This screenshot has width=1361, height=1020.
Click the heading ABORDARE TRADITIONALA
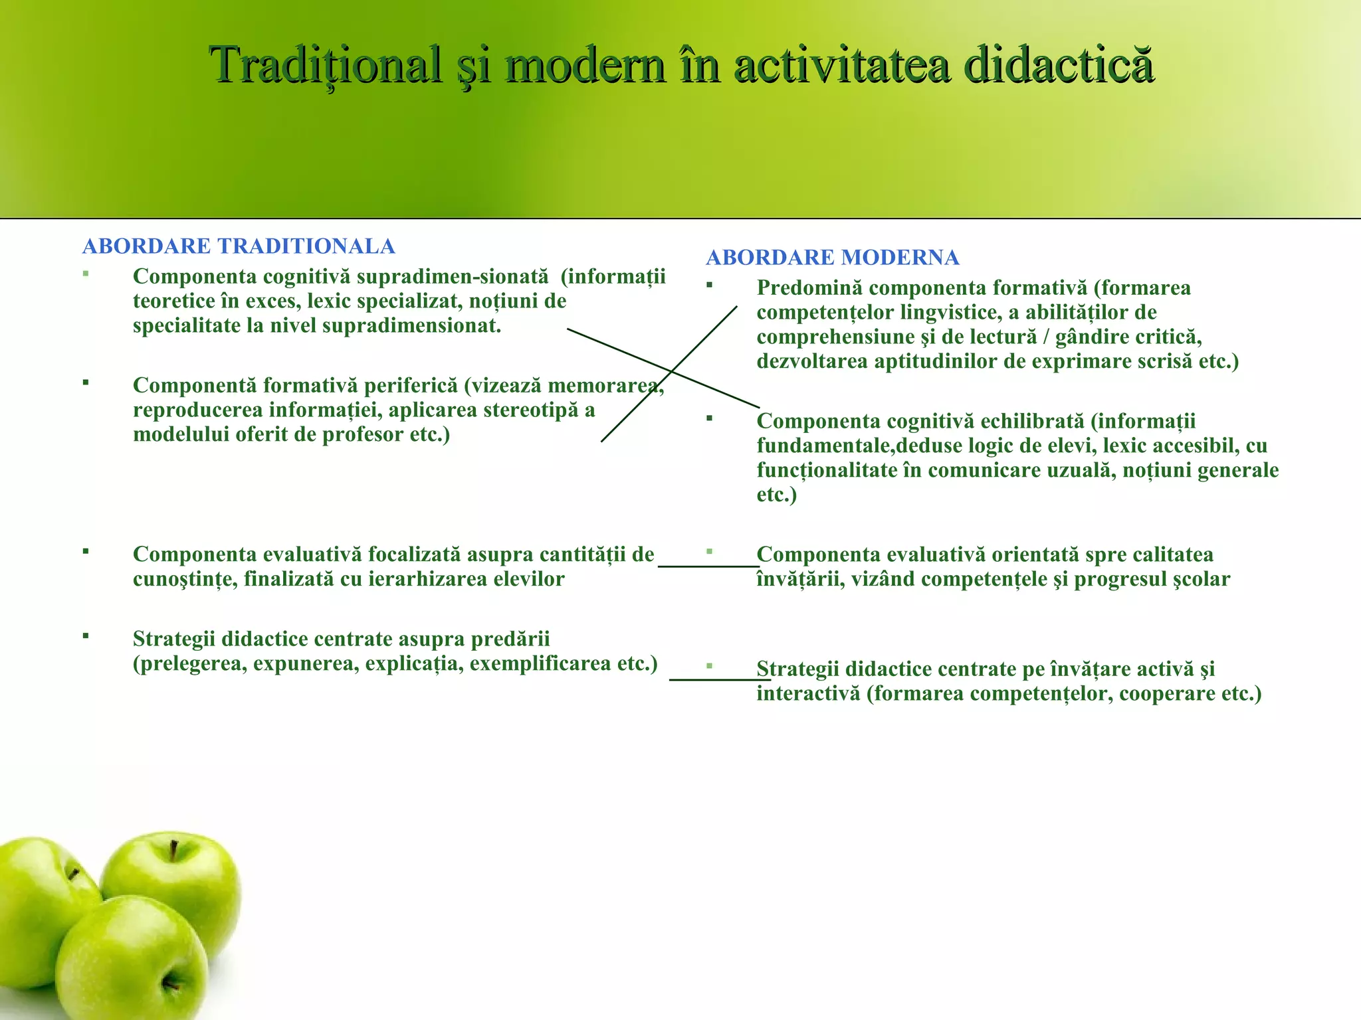click(239, 246)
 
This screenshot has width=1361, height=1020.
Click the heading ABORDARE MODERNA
click(832, 258)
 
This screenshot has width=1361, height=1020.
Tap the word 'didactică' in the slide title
click(1058, 65)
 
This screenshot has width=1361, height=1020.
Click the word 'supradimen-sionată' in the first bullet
click(453, 276)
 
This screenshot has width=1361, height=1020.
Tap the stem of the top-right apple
click(173, 849)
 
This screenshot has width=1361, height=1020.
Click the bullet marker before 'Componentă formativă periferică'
click(86, 382)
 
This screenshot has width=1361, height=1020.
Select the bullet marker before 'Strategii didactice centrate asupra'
click(86, 636)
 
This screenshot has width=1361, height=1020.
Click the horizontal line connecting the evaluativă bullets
click(708, 566)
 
